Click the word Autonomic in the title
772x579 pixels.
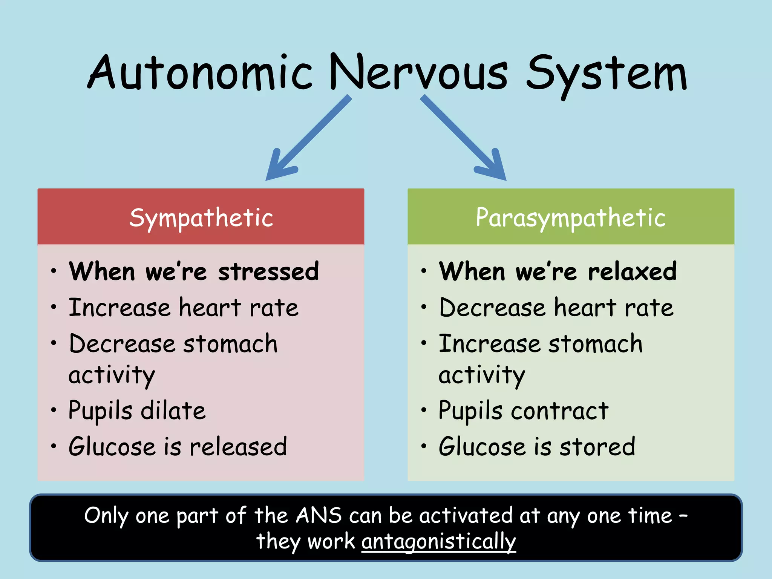(x=200, y=72)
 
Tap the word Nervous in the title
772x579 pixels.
(x=418, y=72)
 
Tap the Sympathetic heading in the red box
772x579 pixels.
(x=201, y=218)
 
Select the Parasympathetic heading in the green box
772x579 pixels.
(x=571, y=218)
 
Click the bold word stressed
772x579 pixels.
(x=268, y=271)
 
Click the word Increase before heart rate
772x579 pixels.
(x=119, y=308)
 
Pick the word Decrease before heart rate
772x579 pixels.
(x=492, y=308)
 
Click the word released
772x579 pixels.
(x=238, y=447)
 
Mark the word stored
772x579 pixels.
(x=597, y=447)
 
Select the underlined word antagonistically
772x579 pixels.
(x=438, y=542)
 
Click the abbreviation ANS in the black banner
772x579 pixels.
(x=319, y=515)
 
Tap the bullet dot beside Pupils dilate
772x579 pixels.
(x=54, y=410)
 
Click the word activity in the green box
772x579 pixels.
(x=482, y=375)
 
